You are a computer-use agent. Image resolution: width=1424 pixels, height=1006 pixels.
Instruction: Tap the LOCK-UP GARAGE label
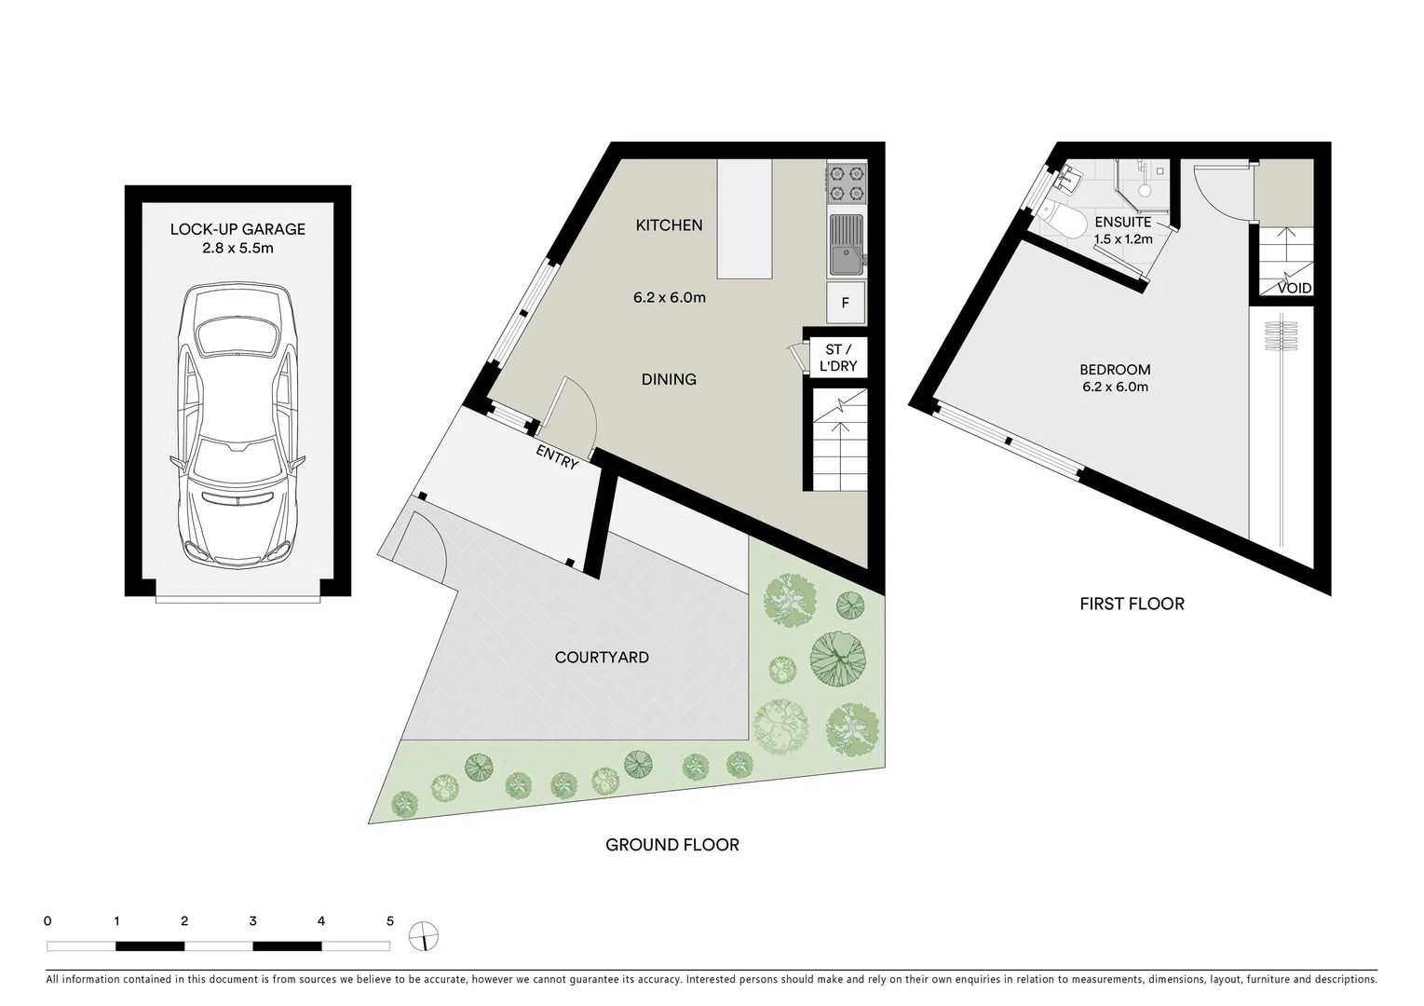(237, 229)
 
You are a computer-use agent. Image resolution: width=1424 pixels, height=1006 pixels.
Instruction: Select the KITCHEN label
(669, 225)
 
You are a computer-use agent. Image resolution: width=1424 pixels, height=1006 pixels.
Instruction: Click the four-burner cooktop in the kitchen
(847, 183)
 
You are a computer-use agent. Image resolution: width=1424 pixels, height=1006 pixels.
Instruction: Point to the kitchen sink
(846, 245)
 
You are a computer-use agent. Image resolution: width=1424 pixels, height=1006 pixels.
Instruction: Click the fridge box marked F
(846, 303)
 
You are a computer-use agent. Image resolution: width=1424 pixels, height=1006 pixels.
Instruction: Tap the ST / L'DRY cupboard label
(837, 358)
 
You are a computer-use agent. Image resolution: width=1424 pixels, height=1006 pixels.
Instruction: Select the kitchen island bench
(744, 219)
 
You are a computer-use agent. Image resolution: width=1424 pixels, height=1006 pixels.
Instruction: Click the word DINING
(669, 379)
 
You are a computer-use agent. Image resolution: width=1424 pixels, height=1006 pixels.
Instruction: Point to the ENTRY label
(557, 457)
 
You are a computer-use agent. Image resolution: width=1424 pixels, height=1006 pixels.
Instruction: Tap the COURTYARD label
(602, 658)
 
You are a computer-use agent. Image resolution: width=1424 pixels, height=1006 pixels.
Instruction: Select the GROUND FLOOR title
(672, 845)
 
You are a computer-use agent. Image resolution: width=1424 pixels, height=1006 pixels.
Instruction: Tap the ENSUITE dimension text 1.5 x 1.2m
(1122, 239)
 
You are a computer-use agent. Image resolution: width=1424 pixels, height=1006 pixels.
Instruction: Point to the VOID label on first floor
(1294, 289)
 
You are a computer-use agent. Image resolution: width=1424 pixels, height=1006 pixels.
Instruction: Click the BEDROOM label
(1115, 370)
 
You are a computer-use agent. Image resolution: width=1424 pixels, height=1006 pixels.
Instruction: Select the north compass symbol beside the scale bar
(424, 936)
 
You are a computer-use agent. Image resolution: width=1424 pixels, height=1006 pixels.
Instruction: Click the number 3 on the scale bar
(253, 921)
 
